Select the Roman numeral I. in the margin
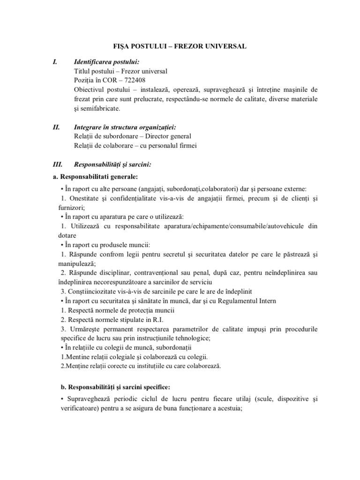pos(54,61)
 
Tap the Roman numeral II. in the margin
pos(56,127)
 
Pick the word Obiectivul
pos(89,89)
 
